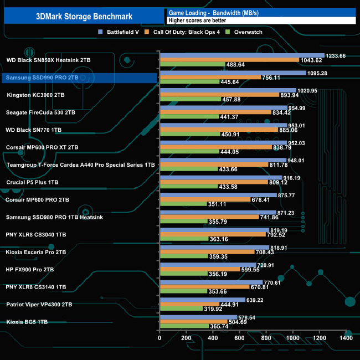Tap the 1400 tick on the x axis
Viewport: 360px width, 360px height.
point(346,337)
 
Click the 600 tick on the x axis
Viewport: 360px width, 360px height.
point(239,337)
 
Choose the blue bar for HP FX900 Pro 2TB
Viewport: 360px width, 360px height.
point(207,265)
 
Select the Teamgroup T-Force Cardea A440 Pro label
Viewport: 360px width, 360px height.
point(80,164)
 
